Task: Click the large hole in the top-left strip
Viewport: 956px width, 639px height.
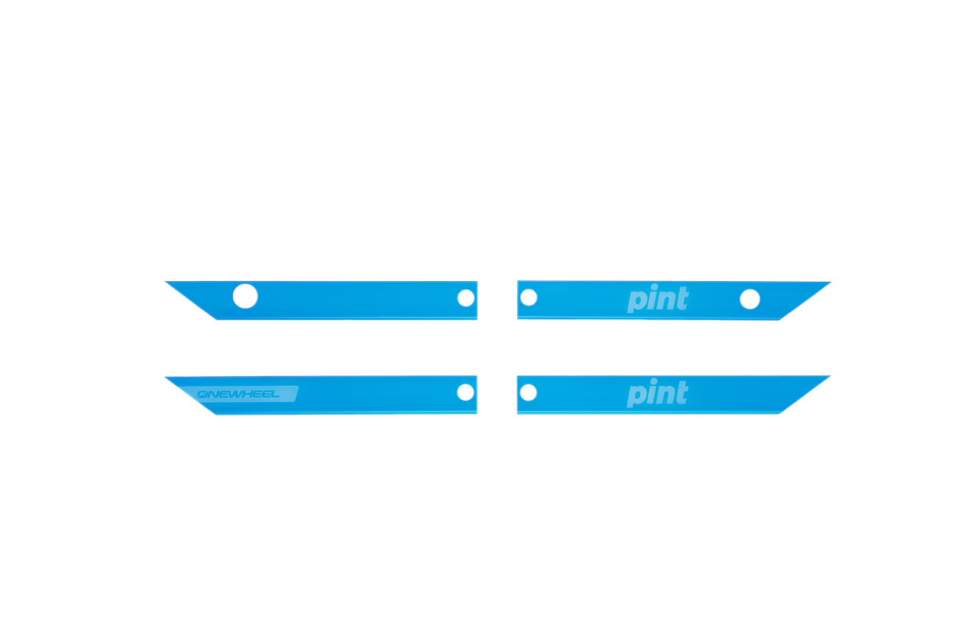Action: [246, 296]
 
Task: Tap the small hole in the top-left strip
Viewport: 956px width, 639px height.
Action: [466, 298]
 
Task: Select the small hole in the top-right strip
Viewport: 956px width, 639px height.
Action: [529, 297]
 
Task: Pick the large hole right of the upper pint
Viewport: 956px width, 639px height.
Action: [750, 299]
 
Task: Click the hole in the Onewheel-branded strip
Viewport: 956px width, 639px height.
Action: [465, 393]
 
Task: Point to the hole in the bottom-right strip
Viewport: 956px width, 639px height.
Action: [528, 393]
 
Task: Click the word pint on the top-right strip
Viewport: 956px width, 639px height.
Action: [658, 298]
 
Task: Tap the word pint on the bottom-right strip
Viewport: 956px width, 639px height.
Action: [658, 393]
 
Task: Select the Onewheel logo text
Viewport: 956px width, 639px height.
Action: [238, 394]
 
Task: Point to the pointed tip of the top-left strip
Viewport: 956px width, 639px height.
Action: [165, 282]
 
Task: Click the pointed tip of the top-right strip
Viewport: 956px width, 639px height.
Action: [831, 282]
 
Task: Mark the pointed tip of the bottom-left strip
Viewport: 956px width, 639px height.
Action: [165, 377]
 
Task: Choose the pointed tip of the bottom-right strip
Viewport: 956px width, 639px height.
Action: [830, 376]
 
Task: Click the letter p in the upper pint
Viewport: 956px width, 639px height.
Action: [636, 302]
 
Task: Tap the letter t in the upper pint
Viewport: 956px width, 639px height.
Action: [682, 297]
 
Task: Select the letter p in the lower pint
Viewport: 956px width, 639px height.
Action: [635, 396]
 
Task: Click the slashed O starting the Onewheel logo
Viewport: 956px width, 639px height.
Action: [203, 395]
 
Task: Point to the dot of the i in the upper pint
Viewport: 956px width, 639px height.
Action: [654, 286]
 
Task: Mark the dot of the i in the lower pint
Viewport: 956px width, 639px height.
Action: [654, 381]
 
